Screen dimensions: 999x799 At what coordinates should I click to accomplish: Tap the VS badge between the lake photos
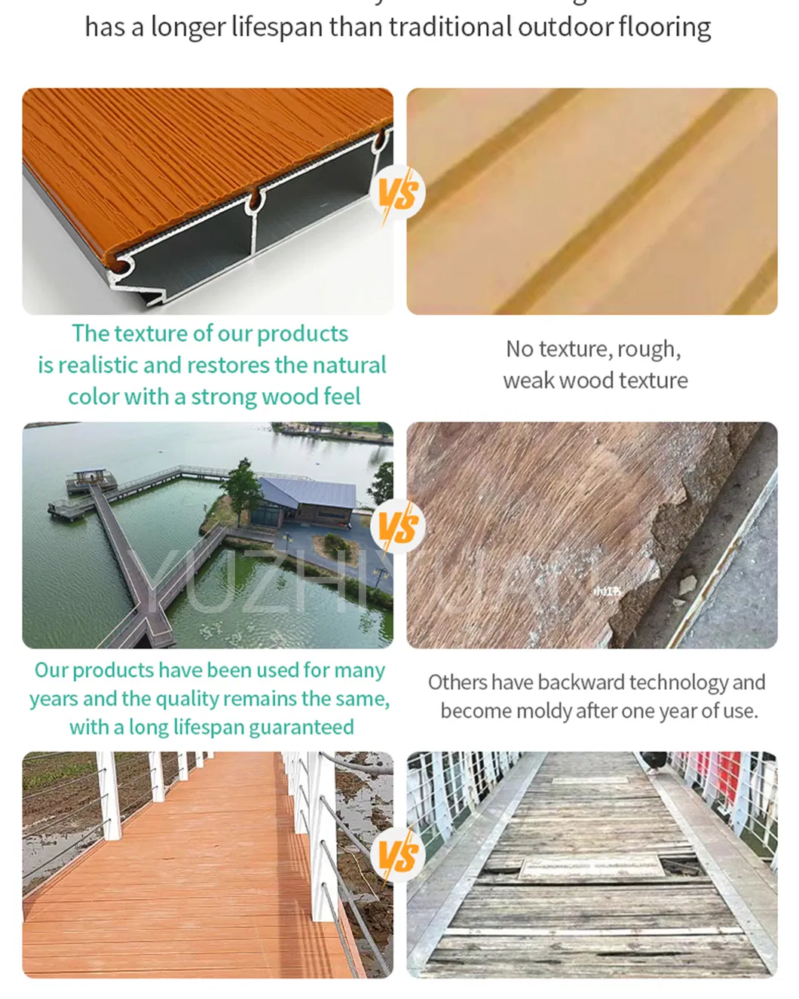(398, 527)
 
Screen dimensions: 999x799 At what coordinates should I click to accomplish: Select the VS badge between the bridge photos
(398, 856)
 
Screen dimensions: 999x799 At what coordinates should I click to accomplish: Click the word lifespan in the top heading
(277, 28)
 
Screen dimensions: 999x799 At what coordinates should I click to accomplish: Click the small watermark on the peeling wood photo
(608, 592)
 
